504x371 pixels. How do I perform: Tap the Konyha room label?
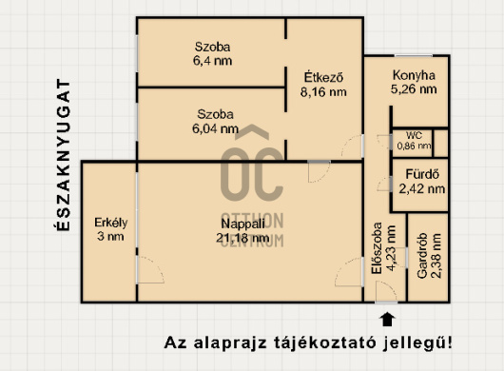pyautogui.click(x=414, y=75)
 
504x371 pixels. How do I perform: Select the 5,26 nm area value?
pyautogui.click(x=414, y=90)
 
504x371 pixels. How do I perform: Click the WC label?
pyautogui.click(x=414, y=136)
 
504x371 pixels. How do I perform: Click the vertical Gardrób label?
pyautogui.click(x=421, y=256)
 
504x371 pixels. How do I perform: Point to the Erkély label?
pyautogui.click(x=110, y=223)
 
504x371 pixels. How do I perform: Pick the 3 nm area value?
pyautogui.click(x=110, y=238)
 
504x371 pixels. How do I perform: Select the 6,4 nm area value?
pyautogui.click(x=213, y=61)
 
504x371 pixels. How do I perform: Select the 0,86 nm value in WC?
pyautogui.click(x=414, y=146)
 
